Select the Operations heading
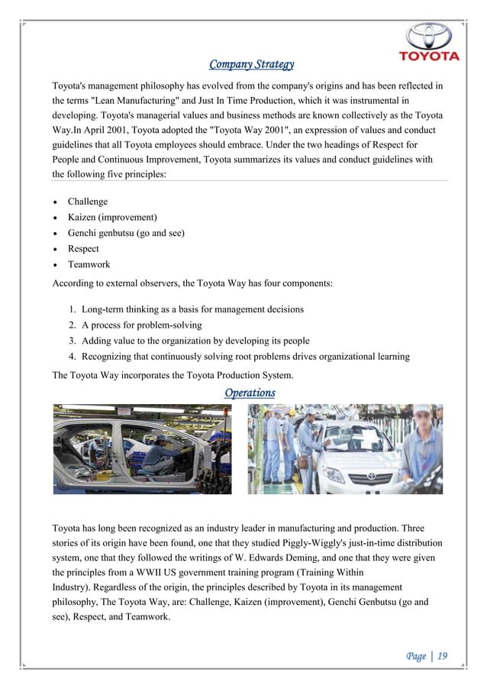[250, 393]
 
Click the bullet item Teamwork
[89, 264]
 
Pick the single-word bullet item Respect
[83, 249]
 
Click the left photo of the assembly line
[142, 449]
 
